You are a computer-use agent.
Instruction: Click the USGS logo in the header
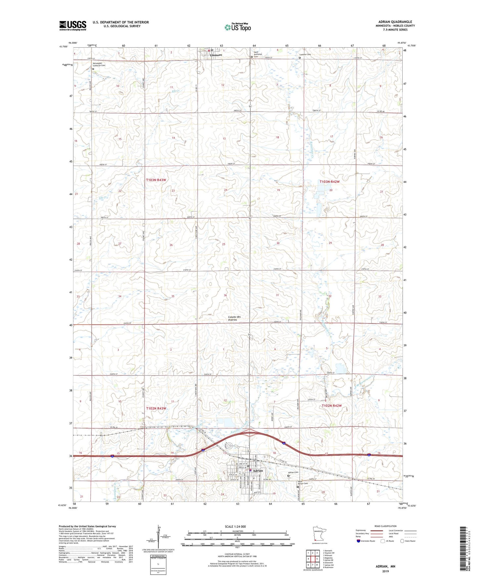[73, 25]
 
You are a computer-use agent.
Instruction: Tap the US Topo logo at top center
[238, 27]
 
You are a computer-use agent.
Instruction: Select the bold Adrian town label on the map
[258, 470]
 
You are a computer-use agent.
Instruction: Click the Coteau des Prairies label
[234, 318]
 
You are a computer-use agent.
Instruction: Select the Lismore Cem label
[305, 55]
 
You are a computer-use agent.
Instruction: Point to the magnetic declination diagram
[159, 538]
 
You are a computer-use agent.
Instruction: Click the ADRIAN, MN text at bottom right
[385, 566]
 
